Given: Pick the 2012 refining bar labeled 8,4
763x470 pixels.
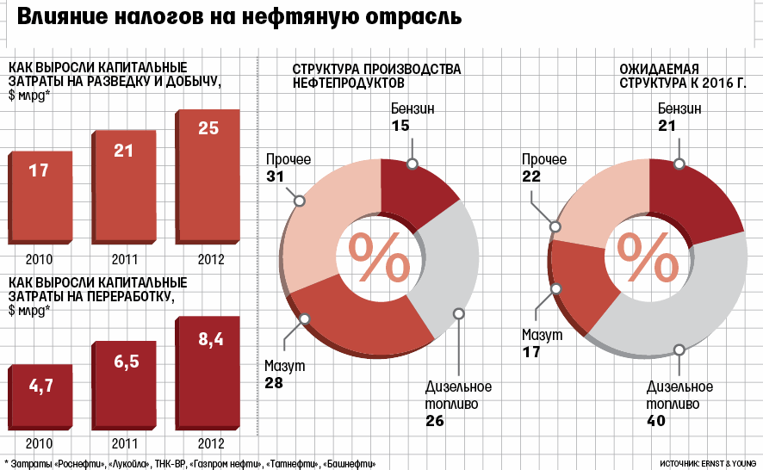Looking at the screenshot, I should pos(208,374).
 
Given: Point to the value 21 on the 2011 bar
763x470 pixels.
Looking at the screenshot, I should pos(123,151).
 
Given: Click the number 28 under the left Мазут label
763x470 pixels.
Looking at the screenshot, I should pos(274,383).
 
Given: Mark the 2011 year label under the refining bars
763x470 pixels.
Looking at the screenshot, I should pos(123,444).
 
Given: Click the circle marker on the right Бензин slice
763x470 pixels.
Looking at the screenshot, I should pos(679,164).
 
